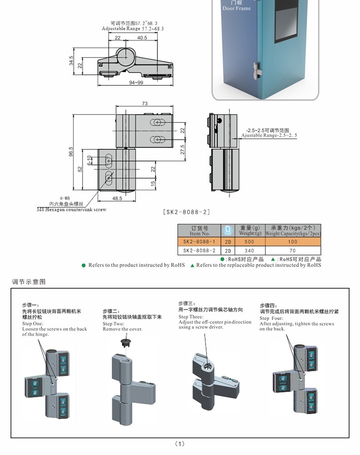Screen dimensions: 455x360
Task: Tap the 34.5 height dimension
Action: point(72,61)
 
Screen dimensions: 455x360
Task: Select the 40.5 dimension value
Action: point(142,37)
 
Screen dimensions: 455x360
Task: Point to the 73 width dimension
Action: point(144,103)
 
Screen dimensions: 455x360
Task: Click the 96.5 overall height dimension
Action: point(71,152)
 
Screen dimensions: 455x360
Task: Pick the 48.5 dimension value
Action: point(117,198)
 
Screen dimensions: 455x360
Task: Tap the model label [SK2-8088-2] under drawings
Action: point(187,212)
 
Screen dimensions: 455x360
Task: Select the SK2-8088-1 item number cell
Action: point(199,242)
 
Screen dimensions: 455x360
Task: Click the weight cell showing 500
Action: point(250,242)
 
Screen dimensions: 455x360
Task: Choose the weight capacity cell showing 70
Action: point(293,250)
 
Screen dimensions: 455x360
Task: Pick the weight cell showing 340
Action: point(250,250)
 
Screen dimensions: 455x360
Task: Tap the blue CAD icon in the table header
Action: point(228,230)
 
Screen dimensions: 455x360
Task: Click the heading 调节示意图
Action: point(29,282)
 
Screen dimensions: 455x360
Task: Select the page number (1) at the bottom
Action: point(180,443)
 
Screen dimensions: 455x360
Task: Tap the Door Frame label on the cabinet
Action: point(236,8)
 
